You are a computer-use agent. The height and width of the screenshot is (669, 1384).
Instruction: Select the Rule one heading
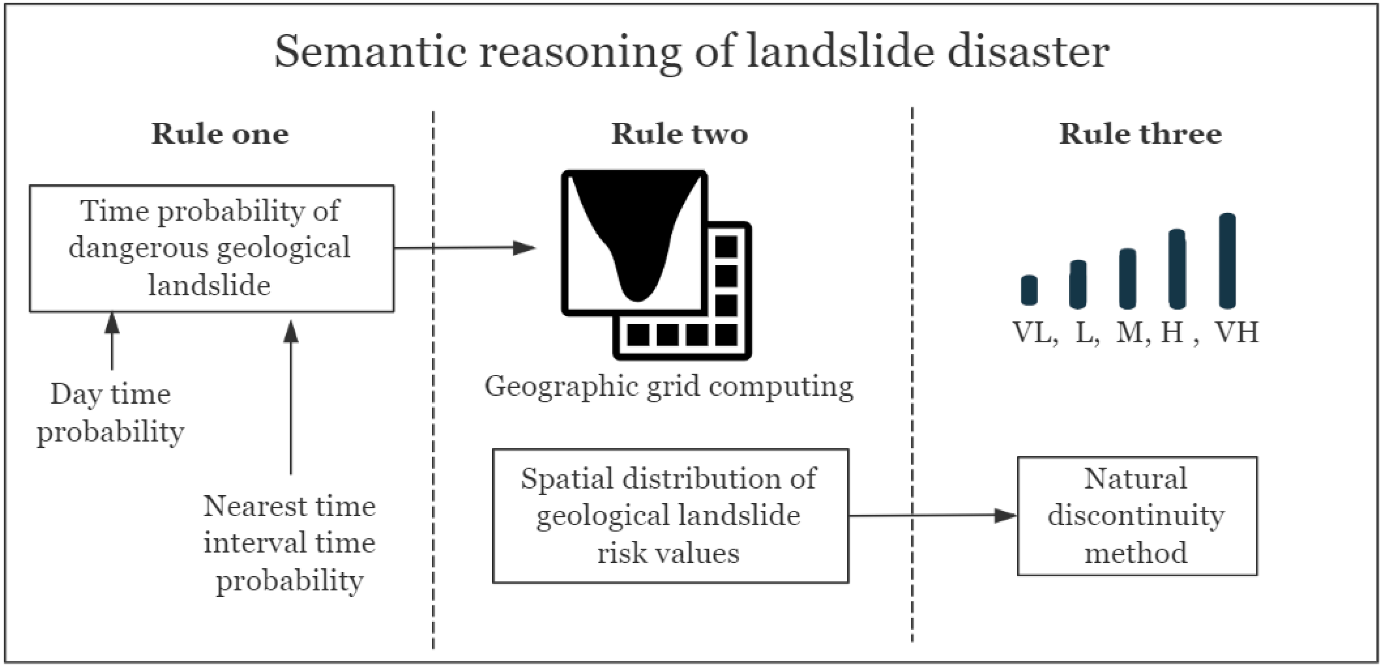(x=220, y=134)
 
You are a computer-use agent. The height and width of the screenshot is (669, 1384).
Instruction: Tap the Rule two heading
(x=679, y=134)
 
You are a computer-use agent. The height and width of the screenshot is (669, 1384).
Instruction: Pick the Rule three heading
(x=1140, y=134)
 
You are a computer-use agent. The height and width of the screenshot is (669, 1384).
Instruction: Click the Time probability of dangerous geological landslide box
(x=211, y=248)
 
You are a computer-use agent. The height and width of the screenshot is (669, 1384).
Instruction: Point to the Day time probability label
(x=110, y=413)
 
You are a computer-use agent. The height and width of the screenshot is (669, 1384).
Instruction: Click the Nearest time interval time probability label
(x=289, y=543)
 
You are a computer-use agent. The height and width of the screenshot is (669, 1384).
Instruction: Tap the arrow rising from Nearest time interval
(x=291, y=398)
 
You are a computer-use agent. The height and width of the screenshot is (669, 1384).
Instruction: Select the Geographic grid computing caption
(x=669, y=386)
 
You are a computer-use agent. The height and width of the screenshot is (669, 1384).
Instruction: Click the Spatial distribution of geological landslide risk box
(x=670, y=516)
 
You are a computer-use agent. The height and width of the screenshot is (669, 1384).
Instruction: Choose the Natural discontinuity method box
(x=1137, y=516)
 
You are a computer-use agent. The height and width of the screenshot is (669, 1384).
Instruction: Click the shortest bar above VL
(x=1029, y=290)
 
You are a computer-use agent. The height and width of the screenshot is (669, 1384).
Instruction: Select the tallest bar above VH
(x=1227, y=260)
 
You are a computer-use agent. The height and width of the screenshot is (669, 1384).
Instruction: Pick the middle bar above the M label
(x=1127, y=279)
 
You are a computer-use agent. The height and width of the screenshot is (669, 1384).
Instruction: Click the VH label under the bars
(x=1237, y=333)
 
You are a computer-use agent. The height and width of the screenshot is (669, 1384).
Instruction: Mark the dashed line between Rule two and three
(x=912, y=376)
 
